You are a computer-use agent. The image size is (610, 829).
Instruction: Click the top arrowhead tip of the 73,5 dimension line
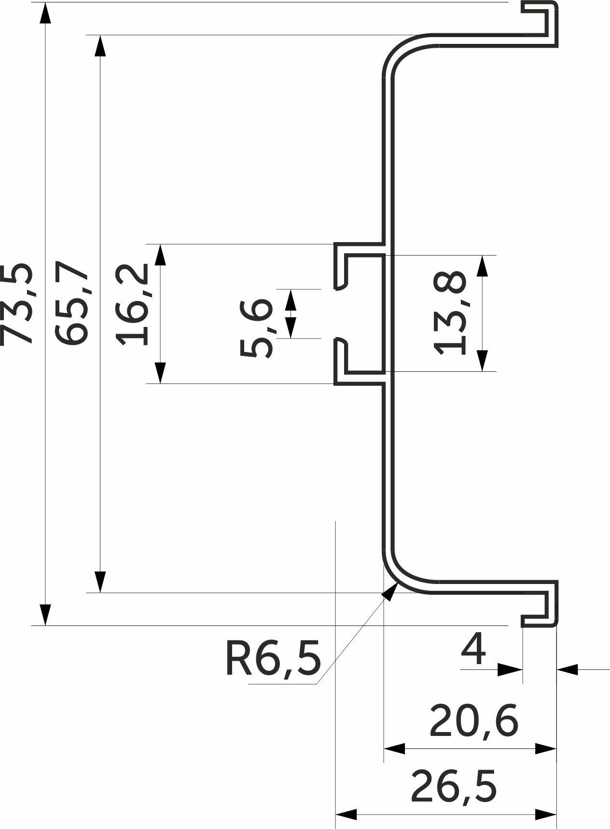coord(45,3)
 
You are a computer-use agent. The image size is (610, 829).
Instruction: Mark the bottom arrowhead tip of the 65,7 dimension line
coord(100,592)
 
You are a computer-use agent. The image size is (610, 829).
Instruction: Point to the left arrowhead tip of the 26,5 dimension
coord(336,815)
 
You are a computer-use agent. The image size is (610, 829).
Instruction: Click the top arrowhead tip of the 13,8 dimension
coord(482,256)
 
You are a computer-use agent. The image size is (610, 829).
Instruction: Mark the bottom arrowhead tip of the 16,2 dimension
coord(161,383)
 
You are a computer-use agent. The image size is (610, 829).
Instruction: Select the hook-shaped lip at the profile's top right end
coord(540,24)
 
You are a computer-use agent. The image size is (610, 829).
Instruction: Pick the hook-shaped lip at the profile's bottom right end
coord(540,603)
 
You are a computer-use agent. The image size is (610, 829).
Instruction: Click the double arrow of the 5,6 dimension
coord(291,313)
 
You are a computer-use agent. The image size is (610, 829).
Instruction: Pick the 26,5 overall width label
coord(454,787)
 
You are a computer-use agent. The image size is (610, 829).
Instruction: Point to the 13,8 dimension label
coord(450,313)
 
